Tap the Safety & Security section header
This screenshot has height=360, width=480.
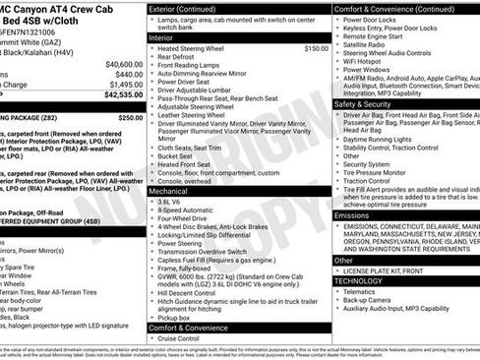[371, 103]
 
